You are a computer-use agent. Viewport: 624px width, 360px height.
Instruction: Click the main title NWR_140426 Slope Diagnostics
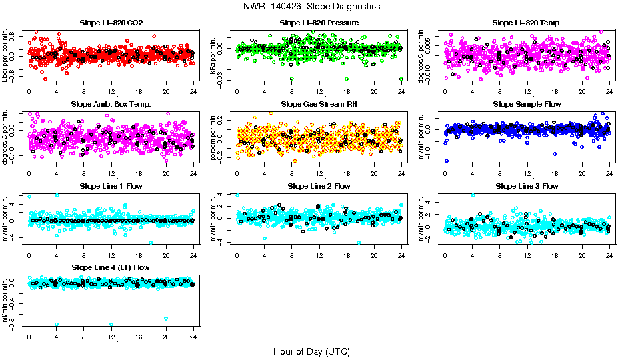coord(312,6)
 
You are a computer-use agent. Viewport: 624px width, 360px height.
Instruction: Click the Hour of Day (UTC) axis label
coord(311,351)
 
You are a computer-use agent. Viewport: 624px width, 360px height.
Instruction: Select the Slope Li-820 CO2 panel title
coord(111,23)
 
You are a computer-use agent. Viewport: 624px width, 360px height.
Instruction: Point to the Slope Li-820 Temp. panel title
coord(527,23)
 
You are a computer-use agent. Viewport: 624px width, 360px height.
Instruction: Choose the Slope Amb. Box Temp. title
coord(111,104)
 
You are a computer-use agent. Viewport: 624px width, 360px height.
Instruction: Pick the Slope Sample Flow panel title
coord(527,104)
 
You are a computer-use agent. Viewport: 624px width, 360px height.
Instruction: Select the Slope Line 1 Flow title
coord(111,186)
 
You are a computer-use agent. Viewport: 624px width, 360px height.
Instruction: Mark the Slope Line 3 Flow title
coord(527,186)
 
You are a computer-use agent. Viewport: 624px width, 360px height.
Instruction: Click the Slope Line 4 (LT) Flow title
coord(111,267)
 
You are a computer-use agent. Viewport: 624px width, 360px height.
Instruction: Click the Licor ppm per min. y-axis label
coord(5,55)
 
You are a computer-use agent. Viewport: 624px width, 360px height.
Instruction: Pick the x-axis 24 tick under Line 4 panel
coord(193,337)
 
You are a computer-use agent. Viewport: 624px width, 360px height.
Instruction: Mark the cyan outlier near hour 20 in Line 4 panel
coord(165,319)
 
